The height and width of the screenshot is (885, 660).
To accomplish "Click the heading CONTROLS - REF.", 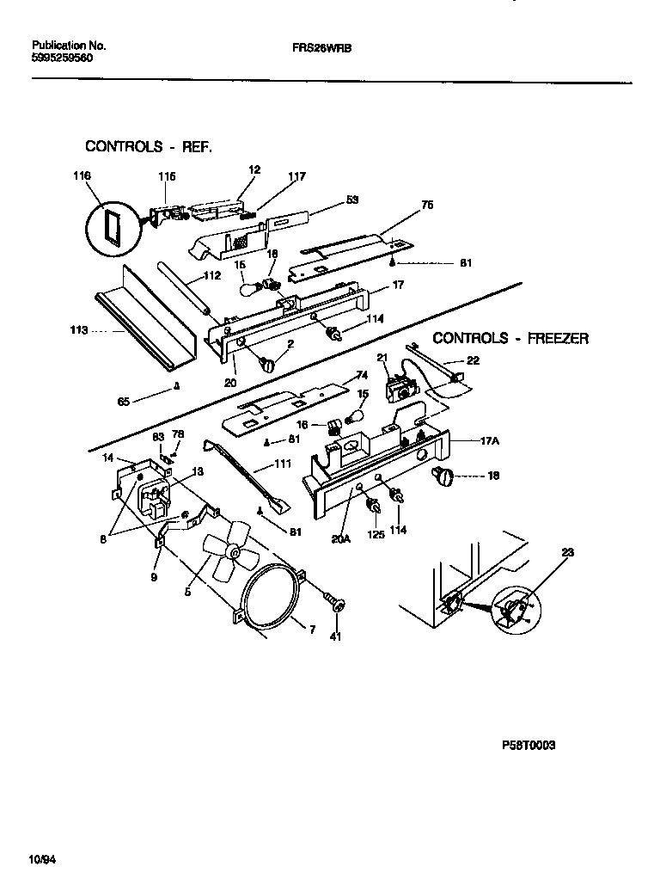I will click(x=148, y=146).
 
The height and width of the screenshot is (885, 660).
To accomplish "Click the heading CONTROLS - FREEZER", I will click(x=510, y=338).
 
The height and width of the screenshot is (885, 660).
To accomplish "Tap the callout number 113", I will click(x=79, y=329).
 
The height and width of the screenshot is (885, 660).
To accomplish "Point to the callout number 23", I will click(x=567, y=553).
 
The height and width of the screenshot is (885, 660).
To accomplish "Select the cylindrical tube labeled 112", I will click(x=182, y=289).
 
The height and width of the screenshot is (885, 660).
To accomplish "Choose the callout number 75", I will click(x=426, y=206).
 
